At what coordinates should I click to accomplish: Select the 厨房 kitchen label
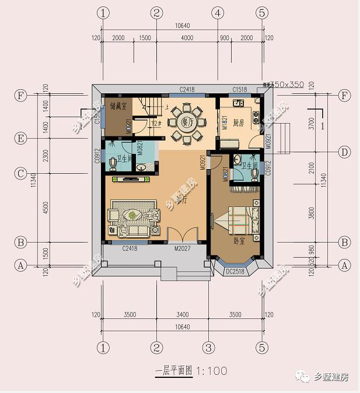coord(238,123)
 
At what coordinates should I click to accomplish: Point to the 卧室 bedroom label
coord(239,240)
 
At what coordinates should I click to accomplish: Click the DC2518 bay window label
coord(235,271)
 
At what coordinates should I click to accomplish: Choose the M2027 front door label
coord(183,248)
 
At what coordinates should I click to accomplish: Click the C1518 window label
coord(240,90)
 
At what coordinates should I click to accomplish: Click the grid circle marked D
coord(344,152)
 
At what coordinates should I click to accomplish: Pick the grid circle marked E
coord(22,138)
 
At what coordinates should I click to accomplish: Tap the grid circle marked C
coord(22,173)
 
